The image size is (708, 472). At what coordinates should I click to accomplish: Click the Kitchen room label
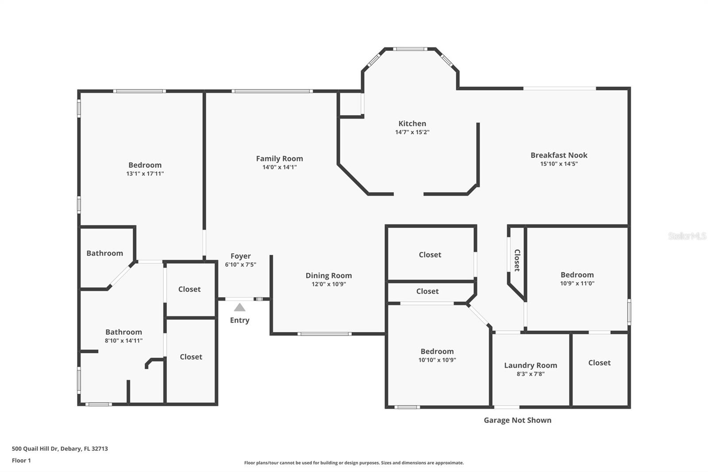tap(412, 124)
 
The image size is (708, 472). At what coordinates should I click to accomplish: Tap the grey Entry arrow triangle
tap(239, 307)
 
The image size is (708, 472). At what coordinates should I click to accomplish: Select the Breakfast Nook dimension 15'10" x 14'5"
tap(559, 164)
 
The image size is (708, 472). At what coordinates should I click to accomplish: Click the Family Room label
tap(279, 159)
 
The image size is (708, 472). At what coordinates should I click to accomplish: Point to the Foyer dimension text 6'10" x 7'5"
tap(240, 265)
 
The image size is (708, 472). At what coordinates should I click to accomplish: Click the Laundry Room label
tap(530, 365)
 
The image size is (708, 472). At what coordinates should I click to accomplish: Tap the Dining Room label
tap(328, 275)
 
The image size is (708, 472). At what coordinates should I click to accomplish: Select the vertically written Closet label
tap(517, 260)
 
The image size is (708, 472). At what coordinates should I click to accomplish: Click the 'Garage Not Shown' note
tap(517, 420)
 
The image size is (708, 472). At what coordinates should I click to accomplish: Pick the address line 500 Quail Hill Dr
tap(60, 449)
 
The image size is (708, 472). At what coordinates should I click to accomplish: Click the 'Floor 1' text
tap(21, 460)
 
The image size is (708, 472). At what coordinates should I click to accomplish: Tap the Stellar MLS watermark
tap(687, 236)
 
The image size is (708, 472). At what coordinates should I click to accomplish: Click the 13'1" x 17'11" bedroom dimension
tap(145, 174)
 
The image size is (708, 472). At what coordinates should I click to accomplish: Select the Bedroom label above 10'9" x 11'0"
tap(577, 275)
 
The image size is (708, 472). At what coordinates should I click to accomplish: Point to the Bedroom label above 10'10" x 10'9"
tap(437, 351)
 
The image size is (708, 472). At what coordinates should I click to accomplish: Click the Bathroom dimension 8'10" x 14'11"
tap(123, 341)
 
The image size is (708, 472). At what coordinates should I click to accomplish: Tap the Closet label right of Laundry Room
tap(599, 363)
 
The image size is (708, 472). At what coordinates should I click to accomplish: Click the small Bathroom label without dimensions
tap(104, 253)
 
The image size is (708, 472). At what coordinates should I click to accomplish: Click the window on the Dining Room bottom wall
tap(324, 334)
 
